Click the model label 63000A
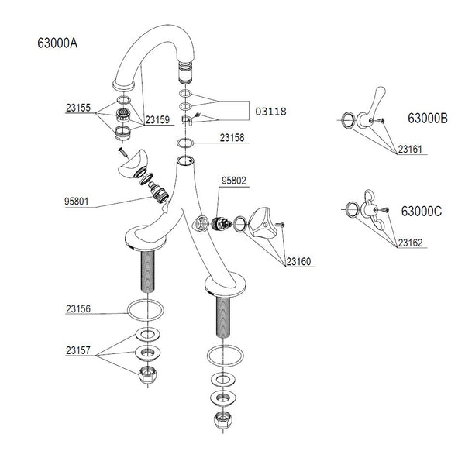pyautogui.click(x=57, y=43)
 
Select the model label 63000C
pyautogui.click(x=422, y=210)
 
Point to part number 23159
pyautogui.click(x=158, y=119)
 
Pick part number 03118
pyautogui.click(x=270, y=111)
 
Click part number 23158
pyautogui.click(x=232, y=139)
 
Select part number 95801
pyautogui.click(x=79, y=203)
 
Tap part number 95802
pyautogui.click(x=234, y=181)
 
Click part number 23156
pyautogui.click(x=79, y=308)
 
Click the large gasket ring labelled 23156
pyautogui.click(x=145, y=310)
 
